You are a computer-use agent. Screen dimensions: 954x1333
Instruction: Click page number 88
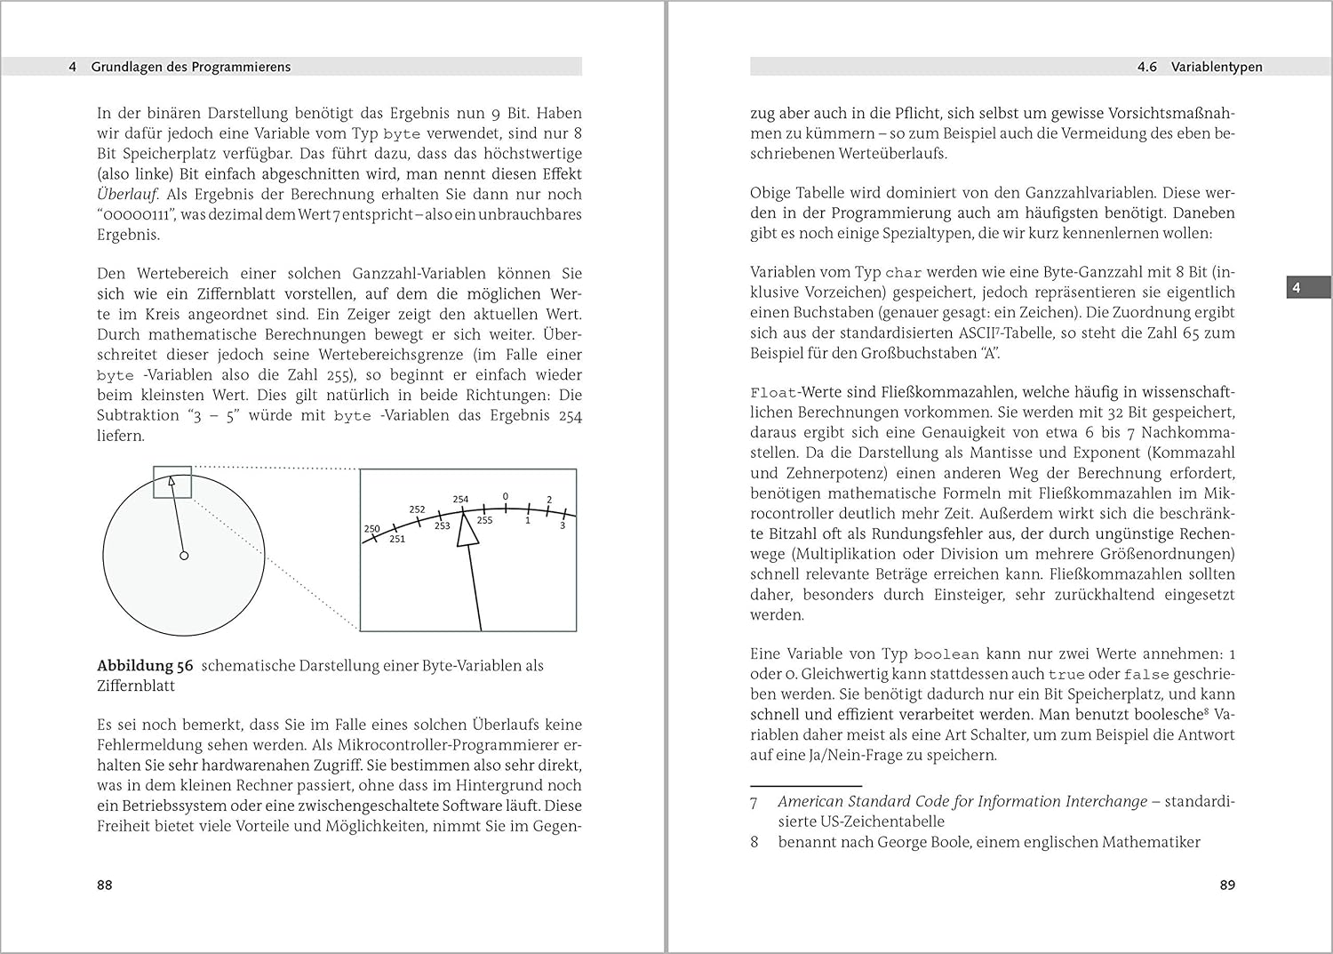tap(105, 885)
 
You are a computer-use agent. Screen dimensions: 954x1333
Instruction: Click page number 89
tap(1226, 885)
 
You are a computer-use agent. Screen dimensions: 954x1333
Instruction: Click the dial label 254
tap(460, 499)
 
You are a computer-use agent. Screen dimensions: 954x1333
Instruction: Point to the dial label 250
tap(371, 528)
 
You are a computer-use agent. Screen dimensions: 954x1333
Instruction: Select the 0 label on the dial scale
tap(506, 497)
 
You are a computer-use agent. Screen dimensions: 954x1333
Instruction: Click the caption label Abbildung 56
tap(145, 666)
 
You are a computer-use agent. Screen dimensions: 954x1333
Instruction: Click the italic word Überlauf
tap(127, 194)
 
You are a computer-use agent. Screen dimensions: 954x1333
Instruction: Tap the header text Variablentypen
tap(1216, 67)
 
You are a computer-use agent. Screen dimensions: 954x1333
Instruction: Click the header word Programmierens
tap(236, 67)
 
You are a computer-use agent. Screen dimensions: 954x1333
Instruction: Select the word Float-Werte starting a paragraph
tap(794, 392)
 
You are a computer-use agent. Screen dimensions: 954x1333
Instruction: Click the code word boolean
tap(946, 654)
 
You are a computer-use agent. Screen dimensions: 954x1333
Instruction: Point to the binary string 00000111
tap(133, 215)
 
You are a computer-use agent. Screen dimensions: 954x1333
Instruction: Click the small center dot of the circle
tap(184, 556)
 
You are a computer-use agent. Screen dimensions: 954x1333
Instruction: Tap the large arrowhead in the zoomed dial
tap(467, 533)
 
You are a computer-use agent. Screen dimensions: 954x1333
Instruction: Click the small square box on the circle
tap(172, 482)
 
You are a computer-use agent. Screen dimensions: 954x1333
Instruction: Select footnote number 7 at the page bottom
tap(754, 802)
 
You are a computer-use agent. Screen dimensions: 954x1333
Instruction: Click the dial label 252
tap(417, 509)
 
